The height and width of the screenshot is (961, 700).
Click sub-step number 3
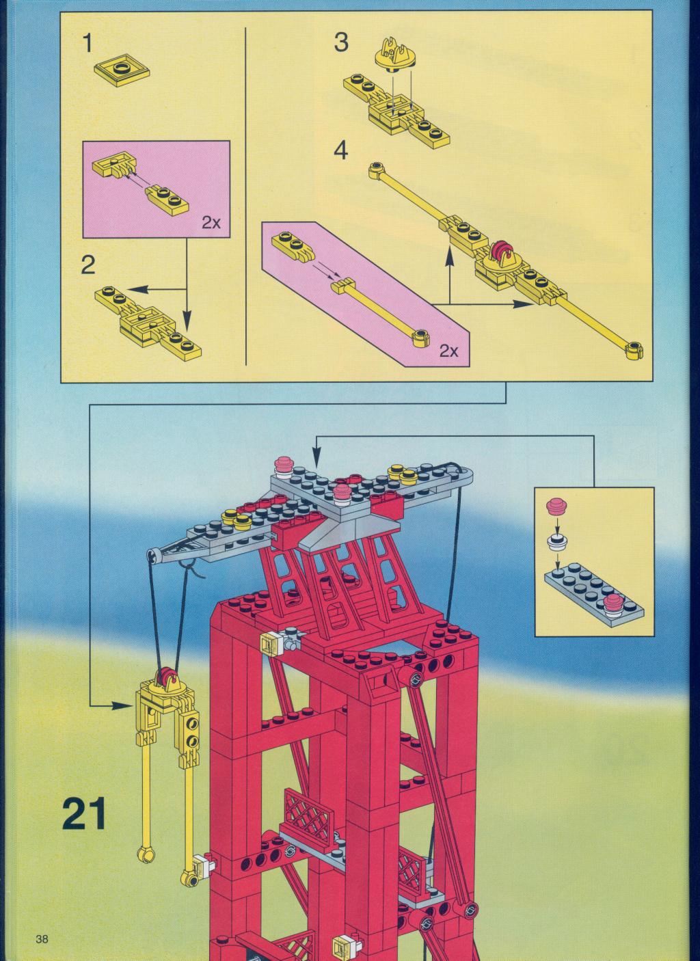341,42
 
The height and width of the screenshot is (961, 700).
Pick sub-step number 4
341,151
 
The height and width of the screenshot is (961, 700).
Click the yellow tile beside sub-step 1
122,70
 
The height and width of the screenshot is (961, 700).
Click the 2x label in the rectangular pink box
211,223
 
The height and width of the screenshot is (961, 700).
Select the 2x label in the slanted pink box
449,351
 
